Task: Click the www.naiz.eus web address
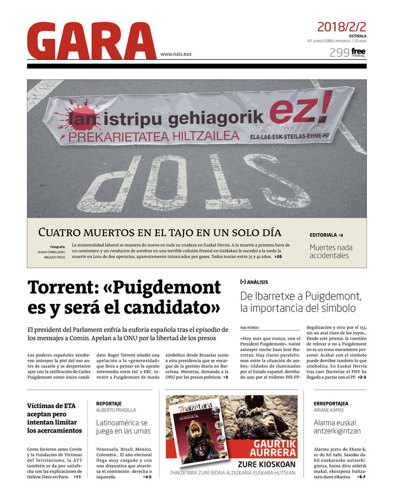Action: point(175,54)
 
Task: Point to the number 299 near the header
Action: point(339,53)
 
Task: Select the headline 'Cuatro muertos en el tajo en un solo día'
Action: point(160,232)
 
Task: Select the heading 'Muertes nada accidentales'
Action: point(331,251)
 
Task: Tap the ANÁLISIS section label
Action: point(257,282)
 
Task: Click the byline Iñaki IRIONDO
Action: point(250,328)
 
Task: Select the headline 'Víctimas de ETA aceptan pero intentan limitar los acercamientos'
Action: point(54,418)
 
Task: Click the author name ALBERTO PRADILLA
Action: point(116,410)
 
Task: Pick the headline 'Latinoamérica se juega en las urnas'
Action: point(122,427)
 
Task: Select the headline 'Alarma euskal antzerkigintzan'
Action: point(336,427)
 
